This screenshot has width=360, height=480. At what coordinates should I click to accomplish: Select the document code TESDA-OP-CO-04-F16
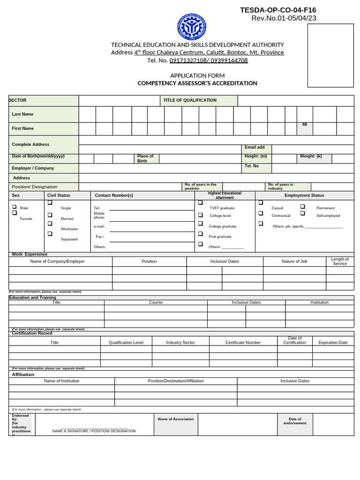[x=278, y=10]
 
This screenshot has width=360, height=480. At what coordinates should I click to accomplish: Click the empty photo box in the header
[x=330, y=55]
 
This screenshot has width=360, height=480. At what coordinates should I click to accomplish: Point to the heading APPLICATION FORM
[x=197, y=75]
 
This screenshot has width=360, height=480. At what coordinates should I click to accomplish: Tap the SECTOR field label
[x=18, y=100]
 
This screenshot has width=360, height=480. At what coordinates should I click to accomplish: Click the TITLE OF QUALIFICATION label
[x=189, y=100]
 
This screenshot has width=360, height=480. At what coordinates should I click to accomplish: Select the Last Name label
[x=22, y=114]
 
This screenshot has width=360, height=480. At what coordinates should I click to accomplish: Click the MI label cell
[x=305, y=125]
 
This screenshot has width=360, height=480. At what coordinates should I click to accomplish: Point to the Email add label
[x=255, y=147]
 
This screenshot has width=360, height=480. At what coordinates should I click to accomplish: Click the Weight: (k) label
[x=311, y=156]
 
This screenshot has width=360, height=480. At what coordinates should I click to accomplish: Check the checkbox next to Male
[x=14, y=207]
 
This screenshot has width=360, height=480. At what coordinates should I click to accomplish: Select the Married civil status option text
[x=67, y=218]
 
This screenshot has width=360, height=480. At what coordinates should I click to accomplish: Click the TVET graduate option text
[x=222, y=208]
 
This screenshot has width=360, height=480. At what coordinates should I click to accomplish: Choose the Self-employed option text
[x=328, y=216]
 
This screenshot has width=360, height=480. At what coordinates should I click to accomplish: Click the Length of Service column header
[x=339, y=261]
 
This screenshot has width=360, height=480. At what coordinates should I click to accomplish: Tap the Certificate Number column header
[x=243, y=343]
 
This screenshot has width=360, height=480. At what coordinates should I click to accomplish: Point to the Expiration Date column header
[x=333, y=343]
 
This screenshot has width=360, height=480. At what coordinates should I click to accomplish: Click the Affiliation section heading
[x=23, y=375]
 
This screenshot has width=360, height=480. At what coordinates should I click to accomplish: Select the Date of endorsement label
[x=295, y=421]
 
